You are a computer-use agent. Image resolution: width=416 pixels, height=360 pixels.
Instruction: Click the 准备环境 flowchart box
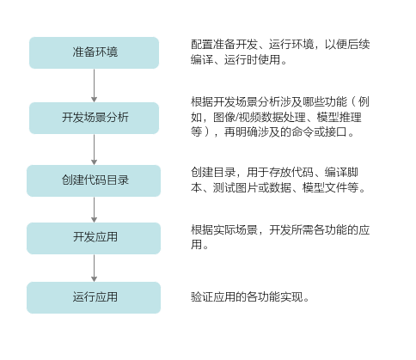(94, 52)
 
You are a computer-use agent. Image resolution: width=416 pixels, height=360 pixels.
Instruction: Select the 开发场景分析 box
(94, 118)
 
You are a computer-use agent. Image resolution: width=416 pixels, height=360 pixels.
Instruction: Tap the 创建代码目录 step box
(94, 180)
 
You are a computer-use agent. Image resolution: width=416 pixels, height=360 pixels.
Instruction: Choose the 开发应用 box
(94, 238)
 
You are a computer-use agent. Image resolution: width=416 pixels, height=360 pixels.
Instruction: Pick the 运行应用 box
(94, 297)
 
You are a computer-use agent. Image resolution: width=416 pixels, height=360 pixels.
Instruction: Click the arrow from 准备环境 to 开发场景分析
(94, 85)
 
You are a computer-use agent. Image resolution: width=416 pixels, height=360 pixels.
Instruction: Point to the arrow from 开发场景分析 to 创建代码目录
(94, 149)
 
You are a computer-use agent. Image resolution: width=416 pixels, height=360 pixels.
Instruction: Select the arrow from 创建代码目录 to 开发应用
(94, 210)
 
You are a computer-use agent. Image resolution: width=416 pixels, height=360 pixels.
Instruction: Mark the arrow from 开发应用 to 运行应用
(94, 268)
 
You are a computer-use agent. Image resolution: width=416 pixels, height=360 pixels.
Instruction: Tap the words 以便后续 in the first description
(347, 45)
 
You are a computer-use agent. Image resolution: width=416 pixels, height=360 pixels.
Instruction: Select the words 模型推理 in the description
(339, 117)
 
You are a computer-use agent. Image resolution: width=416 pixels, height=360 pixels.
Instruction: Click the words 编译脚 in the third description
(341, 173)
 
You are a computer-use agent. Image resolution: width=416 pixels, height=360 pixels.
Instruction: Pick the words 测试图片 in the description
(236, 187)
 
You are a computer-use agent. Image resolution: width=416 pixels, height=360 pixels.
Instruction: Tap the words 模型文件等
(330, 187)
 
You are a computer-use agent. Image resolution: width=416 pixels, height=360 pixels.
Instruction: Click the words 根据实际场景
(224, 229)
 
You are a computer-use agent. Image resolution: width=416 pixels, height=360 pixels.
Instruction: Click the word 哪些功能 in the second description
(325, 101)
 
